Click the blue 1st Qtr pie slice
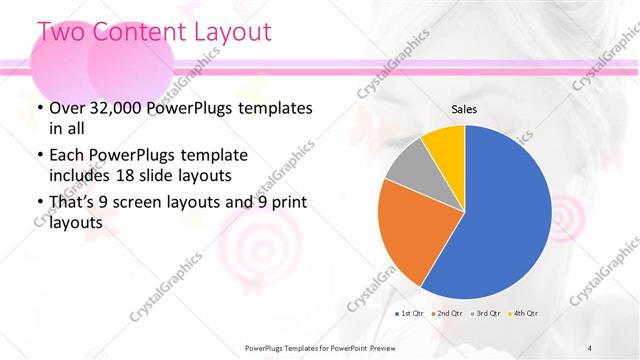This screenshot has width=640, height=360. [500, 220]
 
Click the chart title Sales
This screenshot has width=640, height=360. [464, 109]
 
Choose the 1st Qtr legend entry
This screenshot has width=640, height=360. [410, 314]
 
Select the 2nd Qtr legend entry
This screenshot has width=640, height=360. [447, 314]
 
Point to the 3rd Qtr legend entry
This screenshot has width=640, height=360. [486, 314]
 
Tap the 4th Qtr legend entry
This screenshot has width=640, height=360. [525, 314]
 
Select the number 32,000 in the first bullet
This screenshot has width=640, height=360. [121, 108]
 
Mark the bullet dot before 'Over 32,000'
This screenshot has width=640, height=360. [38, 108]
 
